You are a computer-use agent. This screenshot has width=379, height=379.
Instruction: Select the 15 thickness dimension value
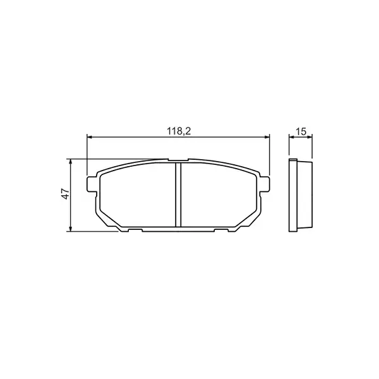(x=301, y=131)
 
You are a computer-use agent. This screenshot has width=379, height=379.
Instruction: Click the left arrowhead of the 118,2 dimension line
(x=89, y=136)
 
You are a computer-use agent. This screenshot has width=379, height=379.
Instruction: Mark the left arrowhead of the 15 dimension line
(x=291, y=136)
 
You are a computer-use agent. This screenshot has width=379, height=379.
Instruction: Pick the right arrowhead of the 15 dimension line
(x=310, y=136)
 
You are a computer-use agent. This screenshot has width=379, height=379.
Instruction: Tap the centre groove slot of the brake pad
(x=177, y=194)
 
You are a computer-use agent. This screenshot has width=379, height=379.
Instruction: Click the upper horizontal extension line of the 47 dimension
(x=114, y=159)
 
